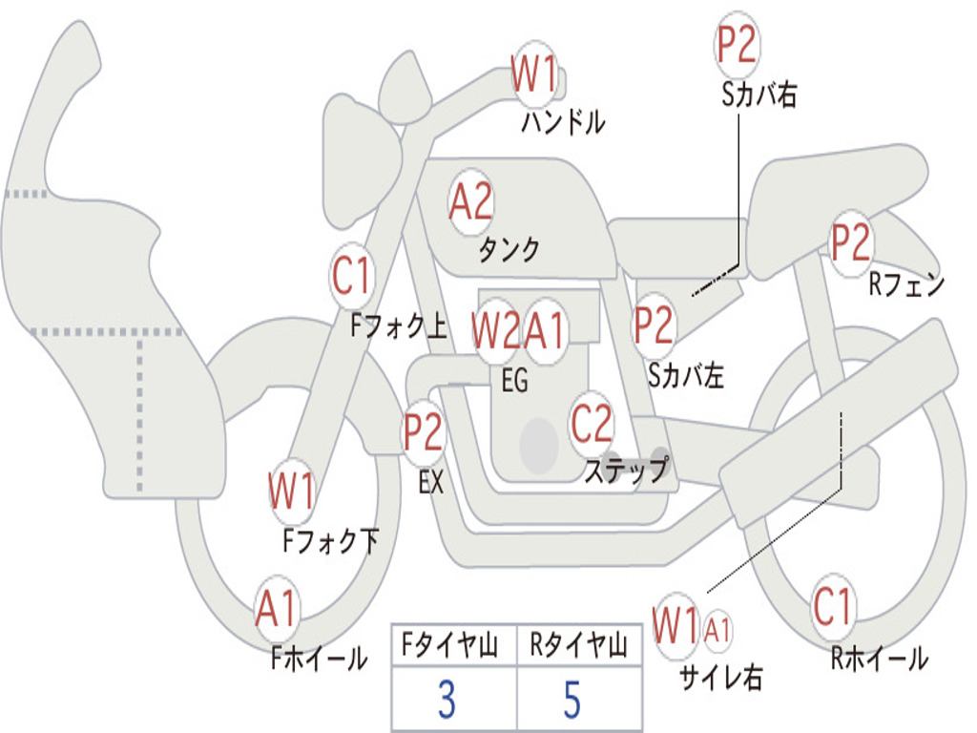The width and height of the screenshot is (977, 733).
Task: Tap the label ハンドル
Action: pyautogui.click(x=563, y=122)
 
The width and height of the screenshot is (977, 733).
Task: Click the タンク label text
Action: pyautogui.click(x=509, y=250)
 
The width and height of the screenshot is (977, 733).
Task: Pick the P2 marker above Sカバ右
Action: pyautogui.click(x=737, y=46)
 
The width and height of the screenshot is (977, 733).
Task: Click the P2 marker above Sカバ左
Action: pyautogui.click(x=655, y=325)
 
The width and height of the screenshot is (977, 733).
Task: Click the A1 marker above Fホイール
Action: pyautogui.click(x=277, y=608)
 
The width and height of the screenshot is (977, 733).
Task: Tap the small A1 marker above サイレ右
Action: pyautogui.click(x=718, y=629)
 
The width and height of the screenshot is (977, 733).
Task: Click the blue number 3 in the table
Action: pyautogui.click(x=447, y=701)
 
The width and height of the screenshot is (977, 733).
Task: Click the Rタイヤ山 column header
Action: pyautogui.click(x=578, y=647)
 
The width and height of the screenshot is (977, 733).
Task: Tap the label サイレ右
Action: pyautogui.click(x=721, y=677)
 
